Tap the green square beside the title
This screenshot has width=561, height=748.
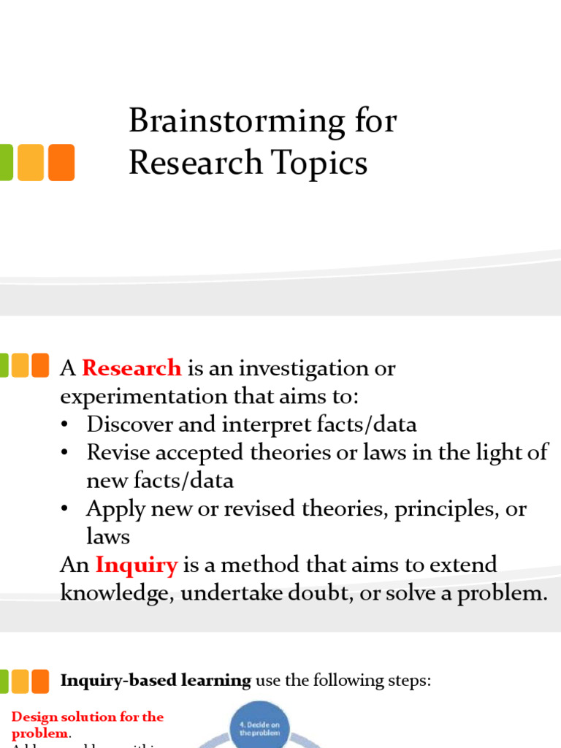tap(5, 162)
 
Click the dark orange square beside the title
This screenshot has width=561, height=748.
tap(61, 162)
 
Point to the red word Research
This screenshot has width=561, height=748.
tap(131, 368)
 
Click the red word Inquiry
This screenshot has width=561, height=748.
tap(137, 565)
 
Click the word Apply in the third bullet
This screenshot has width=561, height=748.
tap(113, 509)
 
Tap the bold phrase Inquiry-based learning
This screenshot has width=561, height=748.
tap(155, 681)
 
